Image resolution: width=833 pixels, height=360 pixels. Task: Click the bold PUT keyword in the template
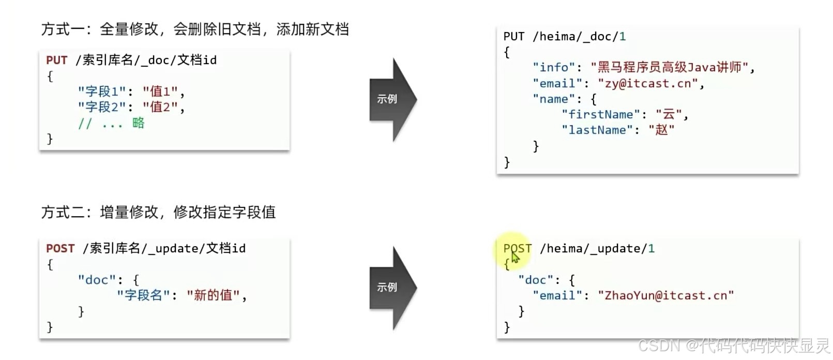56,60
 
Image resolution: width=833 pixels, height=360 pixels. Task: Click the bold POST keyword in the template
60,248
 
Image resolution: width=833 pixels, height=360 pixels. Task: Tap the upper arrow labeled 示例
391,99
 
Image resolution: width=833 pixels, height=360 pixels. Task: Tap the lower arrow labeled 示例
391,287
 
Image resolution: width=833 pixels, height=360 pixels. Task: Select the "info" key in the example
554,67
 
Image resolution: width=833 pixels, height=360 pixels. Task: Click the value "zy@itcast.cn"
648,83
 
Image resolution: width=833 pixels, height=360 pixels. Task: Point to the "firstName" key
600,114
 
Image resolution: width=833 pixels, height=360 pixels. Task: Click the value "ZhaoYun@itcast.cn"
665,295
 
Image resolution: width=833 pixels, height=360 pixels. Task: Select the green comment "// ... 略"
111,123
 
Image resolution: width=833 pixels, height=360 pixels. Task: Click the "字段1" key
101,92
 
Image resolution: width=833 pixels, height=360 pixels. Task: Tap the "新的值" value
213,295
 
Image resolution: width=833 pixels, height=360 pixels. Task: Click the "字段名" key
143,295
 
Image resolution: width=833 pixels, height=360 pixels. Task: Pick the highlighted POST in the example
517,248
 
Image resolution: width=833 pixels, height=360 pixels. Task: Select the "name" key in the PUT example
553,99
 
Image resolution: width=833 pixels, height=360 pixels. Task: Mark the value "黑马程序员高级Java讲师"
669,67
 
